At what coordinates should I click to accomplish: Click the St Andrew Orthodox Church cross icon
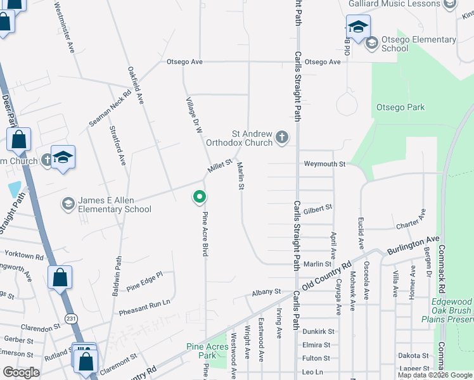(x=282, y=137)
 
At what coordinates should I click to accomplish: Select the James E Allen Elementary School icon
(x=67, y=203)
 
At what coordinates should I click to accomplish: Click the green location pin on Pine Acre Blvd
(x=200, y=198)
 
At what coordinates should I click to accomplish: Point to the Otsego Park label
(x=400, y=108)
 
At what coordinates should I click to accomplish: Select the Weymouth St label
(x=324, y=164)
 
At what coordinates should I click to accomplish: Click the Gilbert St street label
(x=317, y=208)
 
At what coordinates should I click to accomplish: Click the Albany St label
(x=266, y=291)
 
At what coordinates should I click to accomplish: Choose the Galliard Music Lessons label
(x=394, y=4)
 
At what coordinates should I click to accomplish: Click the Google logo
(x=21, y=372)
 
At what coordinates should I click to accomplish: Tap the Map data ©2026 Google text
(x=434, y=375)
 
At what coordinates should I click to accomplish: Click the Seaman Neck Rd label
(x=110, y=107)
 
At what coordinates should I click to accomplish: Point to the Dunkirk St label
(x=317, y=331)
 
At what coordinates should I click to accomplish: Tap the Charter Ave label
(x=411, y=222)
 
